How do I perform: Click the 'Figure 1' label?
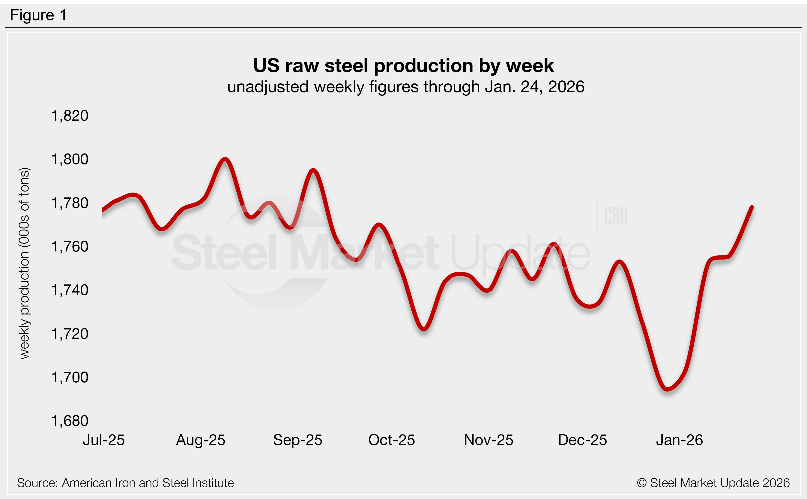pyautogui.click(x=38, y=15)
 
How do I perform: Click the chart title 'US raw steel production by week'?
pyautogui.click(x=403, y=65)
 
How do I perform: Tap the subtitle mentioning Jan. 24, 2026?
pyautogui.click(x=406, y=87)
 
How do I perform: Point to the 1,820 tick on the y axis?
pyautogui.click(x=70, y=116)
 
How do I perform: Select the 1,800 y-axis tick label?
pyautogui.click(x=70, y=159)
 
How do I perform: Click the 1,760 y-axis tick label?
pyautogui.click(x=70, y=247)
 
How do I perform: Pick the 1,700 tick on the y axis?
pyautogui.click(x=70, y=377)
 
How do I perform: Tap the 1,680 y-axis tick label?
pyautogui.click(x=70, y=421)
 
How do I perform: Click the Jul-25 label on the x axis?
pyautogui.click(x=103, y=440)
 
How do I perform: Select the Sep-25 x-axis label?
pyautogui.click(x=297, y=440)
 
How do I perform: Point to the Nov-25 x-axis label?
pyautogui.click(x=489, y=440)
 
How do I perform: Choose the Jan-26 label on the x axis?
pyautogui.click(x=679, y=440)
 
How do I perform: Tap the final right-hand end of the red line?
pyautogui.click(x=752, y=207)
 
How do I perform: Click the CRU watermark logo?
pyautogui.click(x=616, y=216)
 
